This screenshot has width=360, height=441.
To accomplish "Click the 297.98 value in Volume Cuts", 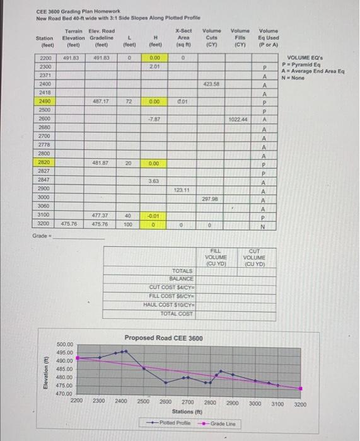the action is pyautogui.click(x=210, y=197).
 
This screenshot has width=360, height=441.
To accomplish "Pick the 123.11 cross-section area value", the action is pyautogui.click(x=182, y=189).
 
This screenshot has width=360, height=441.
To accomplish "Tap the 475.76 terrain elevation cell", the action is pyautogui.click(x=70, y=224).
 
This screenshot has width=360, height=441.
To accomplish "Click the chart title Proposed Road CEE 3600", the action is pyautogui.click(x=164, y=338).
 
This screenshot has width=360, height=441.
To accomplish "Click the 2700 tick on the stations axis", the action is pyautogui.click(x=187, y=401).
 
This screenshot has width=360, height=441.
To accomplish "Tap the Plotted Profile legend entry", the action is pyautogui.click(x=171, y=423).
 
